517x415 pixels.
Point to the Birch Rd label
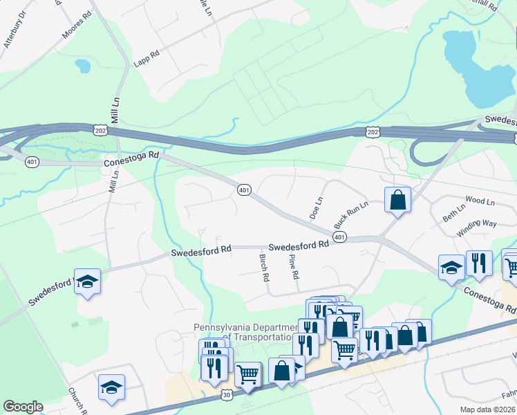pos(264,267)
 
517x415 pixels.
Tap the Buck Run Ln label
pos(348,215)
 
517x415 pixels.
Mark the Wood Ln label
pos(480,201)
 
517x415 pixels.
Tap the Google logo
pos(23,407)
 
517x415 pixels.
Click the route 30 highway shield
pos(228,394)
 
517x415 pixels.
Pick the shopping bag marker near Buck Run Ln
pos(397,200)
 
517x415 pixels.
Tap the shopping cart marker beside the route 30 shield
pos(248,374)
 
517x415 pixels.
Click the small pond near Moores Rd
pos(83,66)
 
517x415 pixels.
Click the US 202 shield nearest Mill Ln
pos(100,129)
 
